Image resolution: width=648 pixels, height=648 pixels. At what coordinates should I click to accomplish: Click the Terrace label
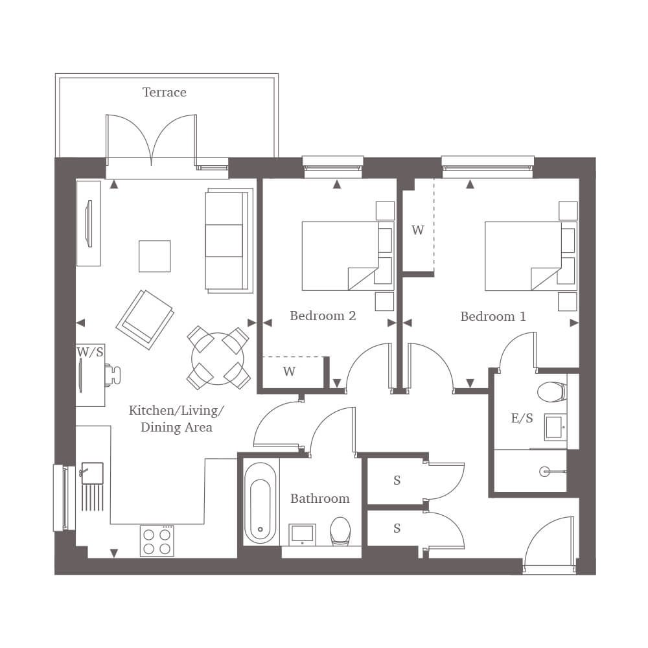point(164,92)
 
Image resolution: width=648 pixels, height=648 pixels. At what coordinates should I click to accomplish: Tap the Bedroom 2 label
point(323,316)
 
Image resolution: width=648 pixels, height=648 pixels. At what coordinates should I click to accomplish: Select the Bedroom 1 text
point(493,317)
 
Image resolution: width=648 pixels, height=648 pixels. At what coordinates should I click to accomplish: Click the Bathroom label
point(320,498)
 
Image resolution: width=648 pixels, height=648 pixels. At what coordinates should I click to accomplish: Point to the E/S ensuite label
point(522,418)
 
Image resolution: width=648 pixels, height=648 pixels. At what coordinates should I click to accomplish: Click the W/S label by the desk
point(89,352)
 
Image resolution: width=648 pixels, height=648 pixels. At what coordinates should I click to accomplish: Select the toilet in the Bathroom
point(340,531)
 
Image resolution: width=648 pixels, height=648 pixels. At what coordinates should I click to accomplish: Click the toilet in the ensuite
point(551,391)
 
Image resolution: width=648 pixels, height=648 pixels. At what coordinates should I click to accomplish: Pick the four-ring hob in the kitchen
point(157,541)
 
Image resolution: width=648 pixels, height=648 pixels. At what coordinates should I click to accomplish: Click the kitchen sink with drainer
point(91,486)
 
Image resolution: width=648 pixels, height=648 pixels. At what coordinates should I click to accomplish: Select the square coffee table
point(155,256)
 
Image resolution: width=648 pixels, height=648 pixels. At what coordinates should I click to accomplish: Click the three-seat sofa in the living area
point(229,241)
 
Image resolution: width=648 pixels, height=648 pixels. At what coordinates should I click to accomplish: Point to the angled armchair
point(145,319)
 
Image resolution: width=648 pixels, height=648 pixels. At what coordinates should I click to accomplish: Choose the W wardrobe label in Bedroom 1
point(418,230)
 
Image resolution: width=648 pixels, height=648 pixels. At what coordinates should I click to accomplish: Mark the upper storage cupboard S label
point(397,480)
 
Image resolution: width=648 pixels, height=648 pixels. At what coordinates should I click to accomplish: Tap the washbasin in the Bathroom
point(302,534)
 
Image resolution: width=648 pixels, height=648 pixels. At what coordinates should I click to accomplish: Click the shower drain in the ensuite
point(545,471)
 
